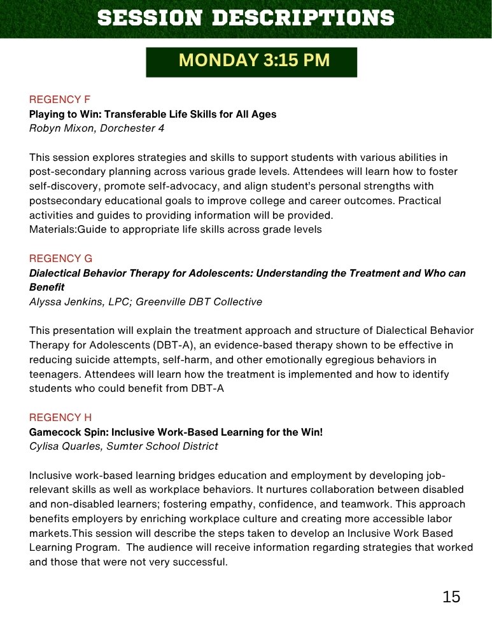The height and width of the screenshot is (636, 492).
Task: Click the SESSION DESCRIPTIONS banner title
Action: (x=246, y=18)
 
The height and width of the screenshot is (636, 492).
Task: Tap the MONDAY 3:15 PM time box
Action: (x=251, y=61)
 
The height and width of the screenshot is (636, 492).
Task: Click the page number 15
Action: (x=451, y=597)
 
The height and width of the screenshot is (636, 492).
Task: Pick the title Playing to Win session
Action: (x=153, y=114)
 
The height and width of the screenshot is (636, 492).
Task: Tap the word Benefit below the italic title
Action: (x=46, y=287)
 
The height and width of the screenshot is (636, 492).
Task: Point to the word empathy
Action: (x=235, y=504)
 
